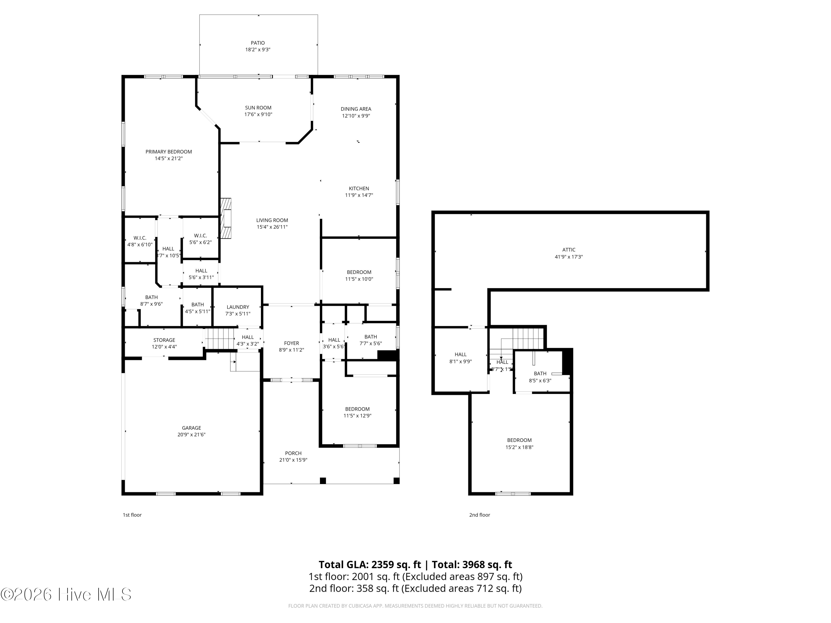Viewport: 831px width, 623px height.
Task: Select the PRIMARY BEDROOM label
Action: pos(169,152)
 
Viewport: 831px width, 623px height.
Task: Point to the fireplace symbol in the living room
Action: pos(226,218)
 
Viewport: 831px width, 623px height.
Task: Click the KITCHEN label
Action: pos(359,189)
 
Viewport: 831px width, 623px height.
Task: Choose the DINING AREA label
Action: pos(356,109)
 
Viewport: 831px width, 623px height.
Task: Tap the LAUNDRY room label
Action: pos(238,307)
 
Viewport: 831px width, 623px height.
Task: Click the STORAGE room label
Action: pos(164,340)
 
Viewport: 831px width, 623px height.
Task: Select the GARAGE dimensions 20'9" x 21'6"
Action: pos(192,434)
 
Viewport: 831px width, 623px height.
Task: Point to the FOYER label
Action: pos(291,343)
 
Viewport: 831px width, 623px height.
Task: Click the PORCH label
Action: pos(293,453)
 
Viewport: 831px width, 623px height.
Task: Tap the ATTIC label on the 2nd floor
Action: pos(569,250)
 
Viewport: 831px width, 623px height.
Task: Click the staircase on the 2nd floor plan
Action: pos(528,338)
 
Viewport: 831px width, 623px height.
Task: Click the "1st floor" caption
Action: pos(132,515)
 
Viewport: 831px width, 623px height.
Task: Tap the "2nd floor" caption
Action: pos(479,515)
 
